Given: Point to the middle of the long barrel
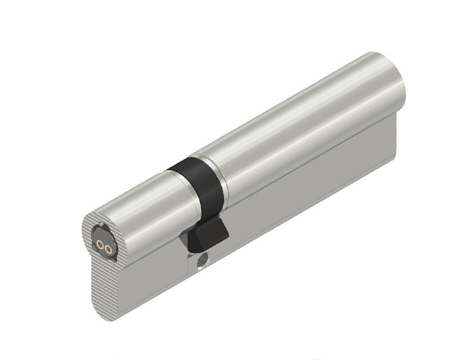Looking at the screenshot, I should tap(296, 125).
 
